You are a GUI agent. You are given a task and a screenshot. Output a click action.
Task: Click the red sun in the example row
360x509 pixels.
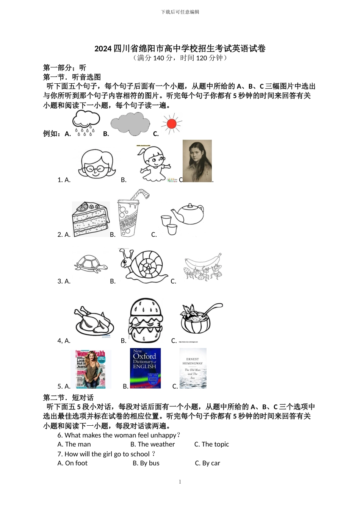pos(172,123)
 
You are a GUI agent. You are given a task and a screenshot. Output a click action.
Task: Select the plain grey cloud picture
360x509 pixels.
pos(130,124)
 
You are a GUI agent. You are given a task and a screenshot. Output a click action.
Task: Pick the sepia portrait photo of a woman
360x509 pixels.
pos(197,161)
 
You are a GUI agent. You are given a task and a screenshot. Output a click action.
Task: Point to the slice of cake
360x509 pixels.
pos(91,219)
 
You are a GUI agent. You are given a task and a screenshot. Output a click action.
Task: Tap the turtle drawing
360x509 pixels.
pos(91,263)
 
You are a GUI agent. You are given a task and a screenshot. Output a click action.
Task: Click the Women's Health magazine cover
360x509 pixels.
pos(91,369)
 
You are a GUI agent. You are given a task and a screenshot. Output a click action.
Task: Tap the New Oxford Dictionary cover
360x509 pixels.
pos(145,368)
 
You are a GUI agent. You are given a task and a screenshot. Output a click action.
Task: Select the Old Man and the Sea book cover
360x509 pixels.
pos(193,368)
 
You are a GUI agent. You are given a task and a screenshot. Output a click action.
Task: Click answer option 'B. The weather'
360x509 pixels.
pos(153,444)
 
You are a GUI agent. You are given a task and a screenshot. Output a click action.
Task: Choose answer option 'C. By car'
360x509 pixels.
pos(207,463)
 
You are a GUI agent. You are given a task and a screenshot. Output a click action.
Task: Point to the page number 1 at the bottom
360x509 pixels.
pos(180,482)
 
